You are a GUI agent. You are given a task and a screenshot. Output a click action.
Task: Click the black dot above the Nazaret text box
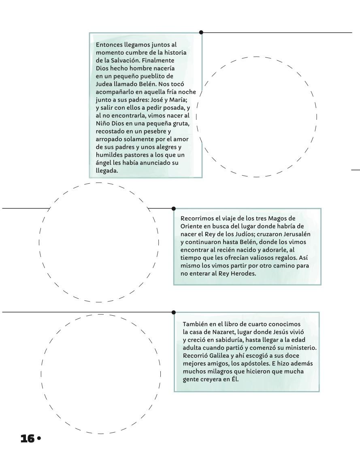pos(174,312)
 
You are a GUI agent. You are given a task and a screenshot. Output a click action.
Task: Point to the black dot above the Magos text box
pos(174,208)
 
